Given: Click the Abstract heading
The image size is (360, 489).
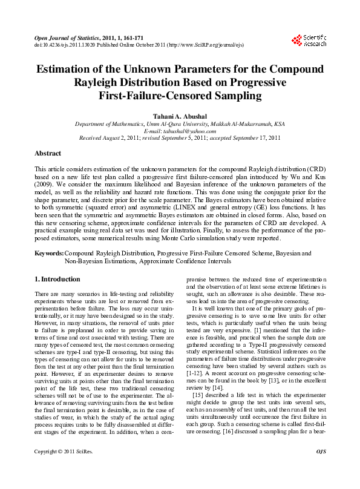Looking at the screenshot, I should click(x=48, y=154).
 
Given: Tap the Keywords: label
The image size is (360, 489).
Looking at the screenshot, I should click(x=49, y=253).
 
